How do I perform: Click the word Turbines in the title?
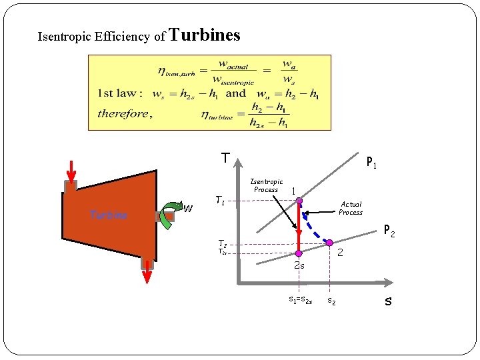point(205,35)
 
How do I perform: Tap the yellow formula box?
point(209,92)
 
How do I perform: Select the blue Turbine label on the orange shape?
point(109,215)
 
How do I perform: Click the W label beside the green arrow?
point(189,209)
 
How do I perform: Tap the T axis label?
point(226,159)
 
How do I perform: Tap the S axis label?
point(388,301)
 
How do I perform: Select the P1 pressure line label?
point(371,163)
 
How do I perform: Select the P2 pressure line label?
point(389,233)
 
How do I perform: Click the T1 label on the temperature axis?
point(220,199)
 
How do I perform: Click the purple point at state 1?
point(299,200)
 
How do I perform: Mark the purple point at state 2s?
point(299,253)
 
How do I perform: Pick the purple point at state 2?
point(329,243)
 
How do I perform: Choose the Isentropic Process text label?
point(266,185)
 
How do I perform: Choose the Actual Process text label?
point(351,208)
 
